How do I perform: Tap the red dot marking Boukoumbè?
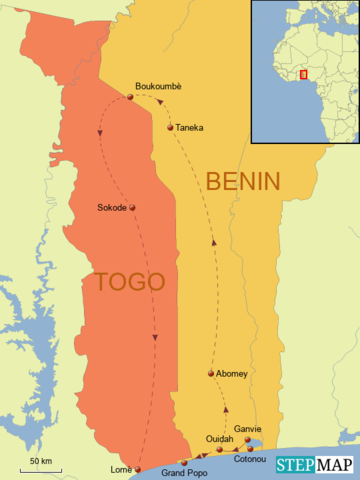tap(130, 97)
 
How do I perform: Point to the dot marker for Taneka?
tap(171, 127)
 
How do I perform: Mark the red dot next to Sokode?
tap(132, 208)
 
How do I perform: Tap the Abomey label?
tap(232, 373)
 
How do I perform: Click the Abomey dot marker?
tap(211, 374)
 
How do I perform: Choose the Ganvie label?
tap(248, 428)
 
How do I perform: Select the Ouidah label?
tap(219, 439)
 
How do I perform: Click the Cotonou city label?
tap(250, 459)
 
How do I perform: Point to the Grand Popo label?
tap(184, 471)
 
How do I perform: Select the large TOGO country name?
tap(130, 282)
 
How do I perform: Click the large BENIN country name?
tap(243, 181)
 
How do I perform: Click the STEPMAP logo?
tap(315, 464)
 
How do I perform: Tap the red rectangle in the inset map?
tap(303, 73)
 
